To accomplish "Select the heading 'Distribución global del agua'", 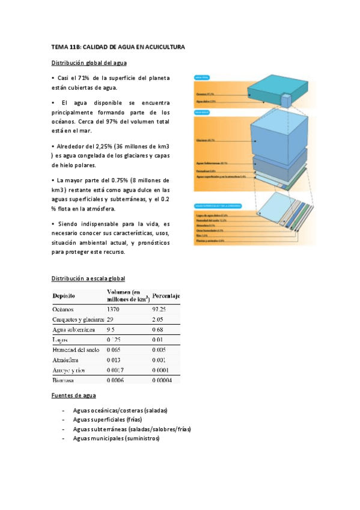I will (88, 63).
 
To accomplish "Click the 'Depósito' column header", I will (64, 296).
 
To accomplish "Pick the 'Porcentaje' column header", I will (166, 296).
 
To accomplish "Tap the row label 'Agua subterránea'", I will (75, 330).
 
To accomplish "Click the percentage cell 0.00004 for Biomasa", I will (162, 380).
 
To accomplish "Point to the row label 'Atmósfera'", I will (67, 360).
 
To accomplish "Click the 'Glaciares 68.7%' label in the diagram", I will (206, 140).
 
